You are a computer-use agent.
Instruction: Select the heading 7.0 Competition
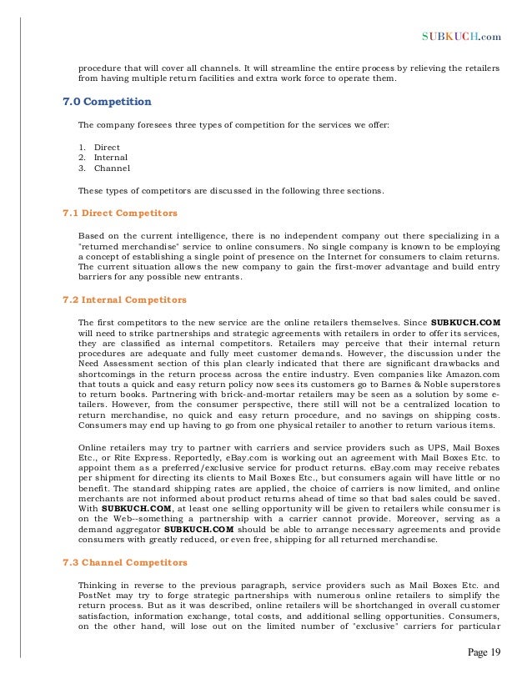108,102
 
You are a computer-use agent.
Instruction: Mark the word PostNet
96,596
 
